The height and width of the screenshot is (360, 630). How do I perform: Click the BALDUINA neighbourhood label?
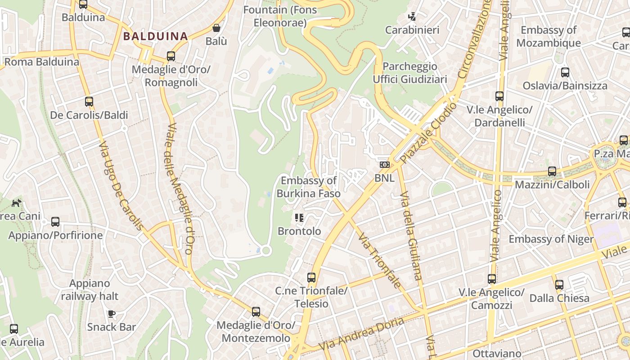155,36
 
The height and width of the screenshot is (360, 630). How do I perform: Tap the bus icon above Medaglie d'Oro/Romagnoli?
171,56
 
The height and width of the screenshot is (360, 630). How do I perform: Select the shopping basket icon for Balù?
216,28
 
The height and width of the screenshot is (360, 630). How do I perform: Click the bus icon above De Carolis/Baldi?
89,102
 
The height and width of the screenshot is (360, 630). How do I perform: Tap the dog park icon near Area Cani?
16,203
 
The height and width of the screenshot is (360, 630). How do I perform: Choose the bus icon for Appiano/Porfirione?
55,222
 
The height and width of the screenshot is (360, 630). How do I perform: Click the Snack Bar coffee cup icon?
112,314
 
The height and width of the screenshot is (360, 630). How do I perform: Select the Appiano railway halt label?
90,290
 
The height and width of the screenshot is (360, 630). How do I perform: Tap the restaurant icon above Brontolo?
299,218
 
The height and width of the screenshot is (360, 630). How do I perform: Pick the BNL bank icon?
384,165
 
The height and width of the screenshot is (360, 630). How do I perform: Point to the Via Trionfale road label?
378,260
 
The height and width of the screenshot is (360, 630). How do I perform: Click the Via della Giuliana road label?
411,235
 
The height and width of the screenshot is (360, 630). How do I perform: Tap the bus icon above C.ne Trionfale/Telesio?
311,278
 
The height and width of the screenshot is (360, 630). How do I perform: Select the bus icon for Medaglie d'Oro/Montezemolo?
256,311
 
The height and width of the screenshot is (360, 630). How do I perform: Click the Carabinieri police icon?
412,17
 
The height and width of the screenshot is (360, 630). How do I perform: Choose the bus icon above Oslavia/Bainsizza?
565,72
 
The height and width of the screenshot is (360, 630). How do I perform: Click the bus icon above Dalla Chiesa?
559,285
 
